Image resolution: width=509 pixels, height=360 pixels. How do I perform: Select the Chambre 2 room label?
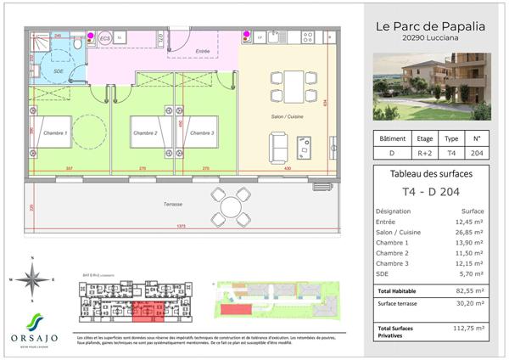point(144,133)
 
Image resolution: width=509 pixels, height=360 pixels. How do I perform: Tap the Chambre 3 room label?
point(202,133)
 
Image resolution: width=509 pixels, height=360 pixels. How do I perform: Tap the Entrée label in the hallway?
point(203,51)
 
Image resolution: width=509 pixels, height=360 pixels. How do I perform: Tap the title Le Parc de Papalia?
point(430,25)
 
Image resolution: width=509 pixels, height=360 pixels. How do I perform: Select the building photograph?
point(432,86)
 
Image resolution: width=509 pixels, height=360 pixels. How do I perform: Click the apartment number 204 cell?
point(476,154)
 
